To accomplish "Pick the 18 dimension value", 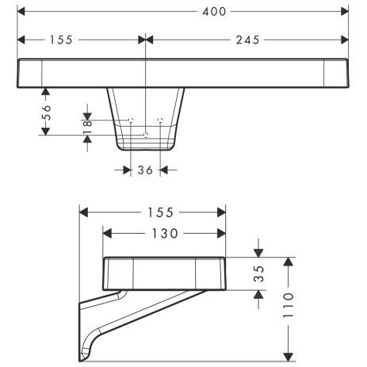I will click(x=88, y=124).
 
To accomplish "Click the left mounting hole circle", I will click(x=132, y=120).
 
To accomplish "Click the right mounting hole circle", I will click(x=161, y=120).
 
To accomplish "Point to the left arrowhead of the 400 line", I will click(x=21, y=12).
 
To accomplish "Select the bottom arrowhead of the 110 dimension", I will click(x=292, y=359).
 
